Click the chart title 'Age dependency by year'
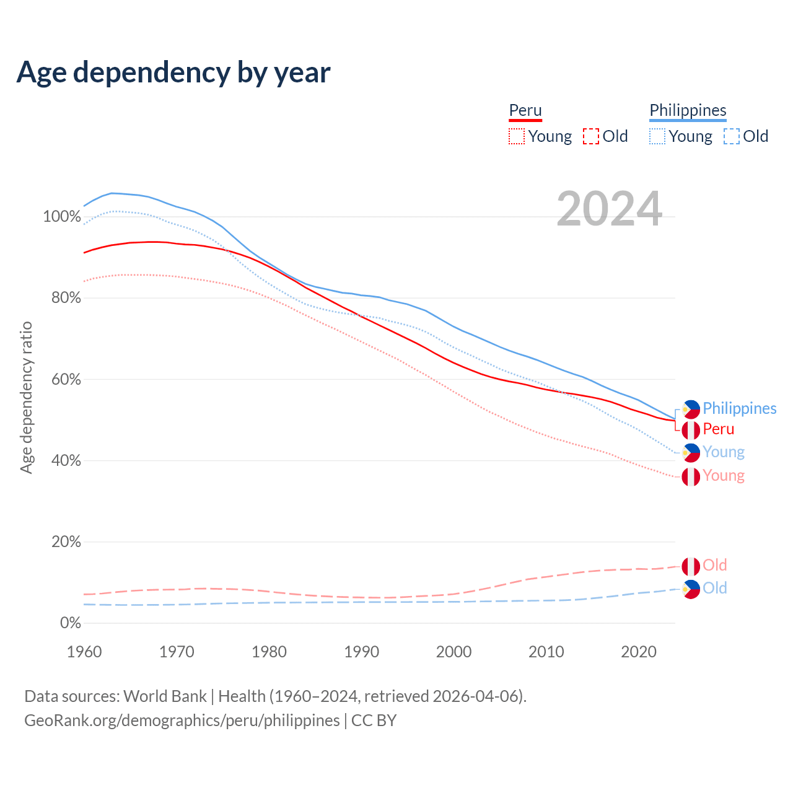pos(173,72)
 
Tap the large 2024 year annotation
pos(610,209)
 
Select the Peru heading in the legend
pos(525,110)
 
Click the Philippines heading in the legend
pos(688,110)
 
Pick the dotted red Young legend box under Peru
pos(517,136)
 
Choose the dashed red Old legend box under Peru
pos(591,136)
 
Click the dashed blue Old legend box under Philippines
pos(732,136)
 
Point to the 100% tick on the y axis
pos(62,217)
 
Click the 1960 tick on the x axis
pos(84,652)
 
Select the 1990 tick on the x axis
pos(362,652)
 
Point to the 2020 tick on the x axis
pos(639,652)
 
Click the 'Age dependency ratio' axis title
pos(26,398)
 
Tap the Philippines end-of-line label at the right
pos(739,408)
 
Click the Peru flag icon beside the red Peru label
pos(691,429)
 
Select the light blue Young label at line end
pos(724,452)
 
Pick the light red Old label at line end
pos(715,565)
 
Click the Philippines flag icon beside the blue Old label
pos(691,589)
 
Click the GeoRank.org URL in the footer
pos(182,721)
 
